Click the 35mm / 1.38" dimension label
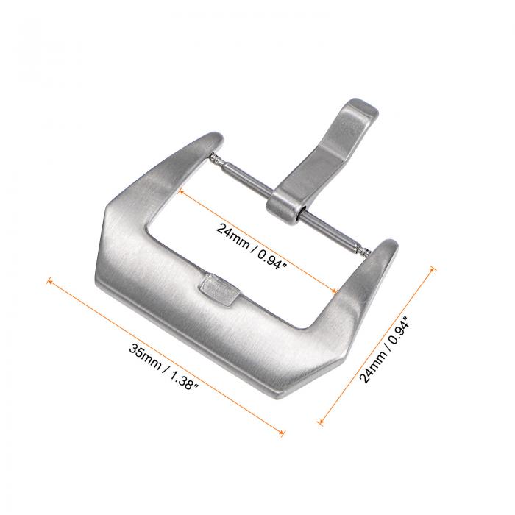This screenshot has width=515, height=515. click(x=163, y=367)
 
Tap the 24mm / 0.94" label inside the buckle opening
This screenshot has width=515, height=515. click(x=252, y=246)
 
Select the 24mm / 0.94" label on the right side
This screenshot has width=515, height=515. click(x=385, y=349)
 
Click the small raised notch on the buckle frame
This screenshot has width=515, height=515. click(x=219, y=290)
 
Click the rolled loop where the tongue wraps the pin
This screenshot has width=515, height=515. click(x=285, y=207)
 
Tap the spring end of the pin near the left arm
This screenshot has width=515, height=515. click(x=215, y=158)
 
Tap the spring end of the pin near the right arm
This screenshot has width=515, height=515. click(x=366, y=252)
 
